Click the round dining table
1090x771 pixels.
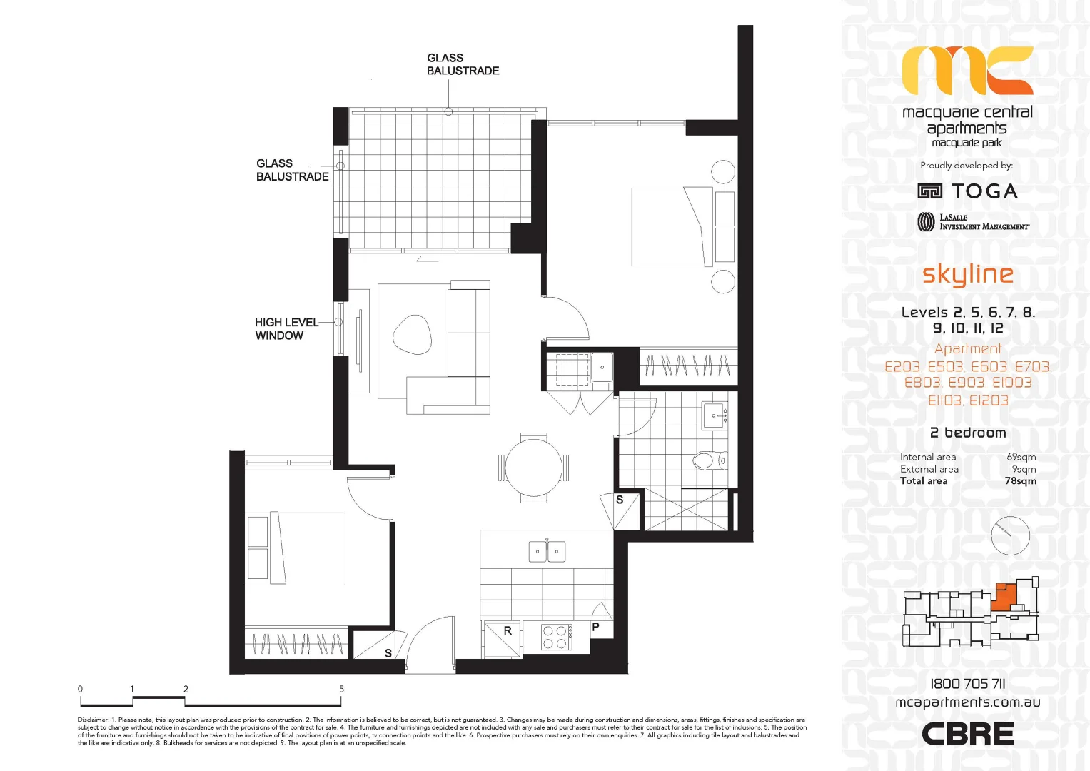coord(533,468)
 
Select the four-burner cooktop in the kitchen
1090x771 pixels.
coord(555,637)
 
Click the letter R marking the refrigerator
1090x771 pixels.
coord(508,631)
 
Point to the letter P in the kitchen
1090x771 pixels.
coord(595,627)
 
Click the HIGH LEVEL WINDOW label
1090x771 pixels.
coord(286,329)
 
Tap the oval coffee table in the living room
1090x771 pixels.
coord(412,333)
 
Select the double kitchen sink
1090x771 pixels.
coord(547,551)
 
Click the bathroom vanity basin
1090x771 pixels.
coord(715,415)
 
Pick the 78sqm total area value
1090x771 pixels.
coord(1020,481)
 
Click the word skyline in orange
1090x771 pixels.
coord(967,274)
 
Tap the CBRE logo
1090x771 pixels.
coord(967,734)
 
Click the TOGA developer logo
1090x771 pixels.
coord(967,191)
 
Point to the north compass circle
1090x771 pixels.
coord(1010,535)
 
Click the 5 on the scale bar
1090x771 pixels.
coord(341,689)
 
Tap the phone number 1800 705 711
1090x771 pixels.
coord(967,684)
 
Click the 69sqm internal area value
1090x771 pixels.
coord(1021,457)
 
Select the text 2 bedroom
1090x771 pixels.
coord(967,433)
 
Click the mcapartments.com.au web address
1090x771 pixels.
coord(967,702)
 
